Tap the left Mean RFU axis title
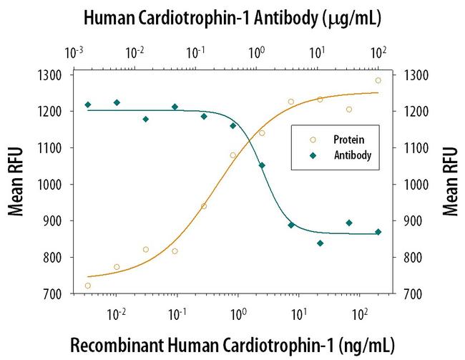point(15,183)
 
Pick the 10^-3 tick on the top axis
point(74,53)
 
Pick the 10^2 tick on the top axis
point(379,53)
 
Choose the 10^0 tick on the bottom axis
point(239,313)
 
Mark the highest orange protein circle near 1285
point(378,80)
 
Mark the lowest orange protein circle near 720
point(87,286)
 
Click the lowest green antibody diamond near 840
point(320,243)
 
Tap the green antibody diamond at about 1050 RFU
point(262,165)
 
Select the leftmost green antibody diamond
point(87,104)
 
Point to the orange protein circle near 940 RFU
point(204,206)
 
